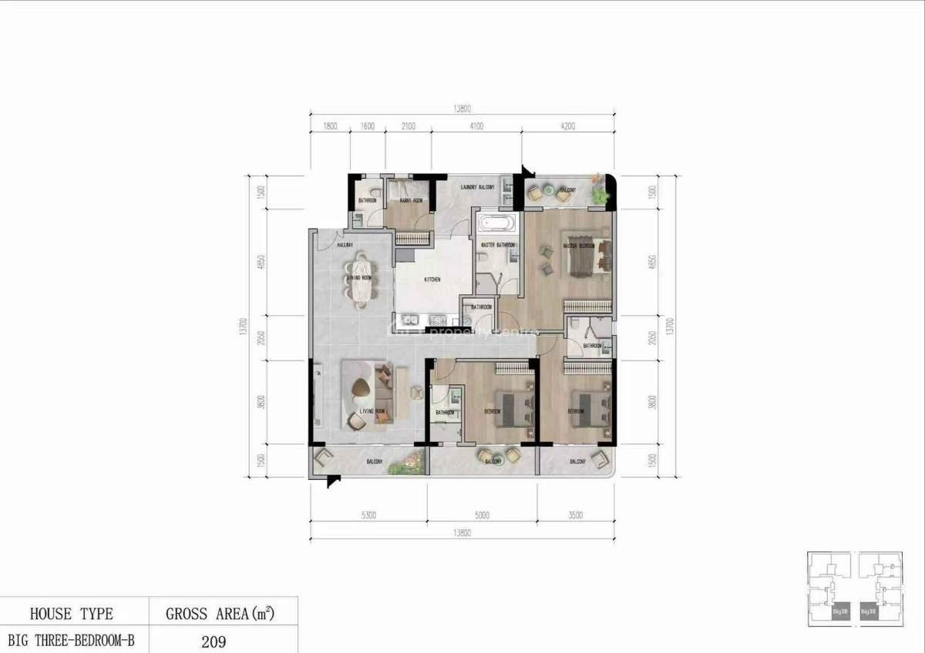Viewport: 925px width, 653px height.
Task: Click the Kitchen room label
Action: pyautogui.click(x=432, y=280)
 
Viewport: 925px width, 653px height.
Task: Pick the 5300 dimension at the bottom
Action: pyautogui.click(x=368, y=516)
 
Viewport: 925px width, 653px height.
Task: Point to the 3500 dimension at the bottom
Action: pyautogui.click(x=576, y=516)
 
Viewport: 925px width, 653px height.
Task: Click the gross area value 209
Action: pyautogui.click(x=214, y=641)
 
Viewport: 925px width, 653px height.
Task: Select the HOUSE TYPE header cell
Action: pyautogui.click(x=72, y=614)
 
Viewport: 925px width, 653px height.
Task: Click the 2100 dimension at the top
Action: pyautogui.click(x=409, y=126)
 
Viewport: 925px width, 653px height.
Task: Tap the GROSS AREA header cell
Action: pyautogui.click(x=220, y=614)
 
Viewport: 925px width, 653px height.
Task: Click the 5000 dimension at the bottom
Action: pyautogui.click(x=482, y=516)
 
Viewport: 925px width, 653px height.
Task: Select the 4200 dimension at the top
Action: pyautogui.click(x=568, y=126)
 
